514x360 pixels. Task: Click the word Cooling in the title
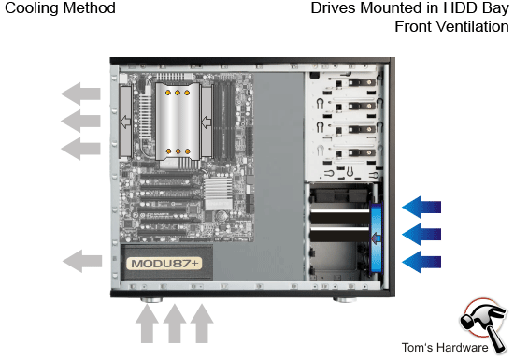point(28,8)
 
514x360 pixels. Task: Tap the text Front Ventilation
point(451,26)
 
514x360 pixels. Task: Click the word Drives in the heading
point(334,8)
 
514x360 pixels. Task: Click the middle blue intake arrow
point(423,233)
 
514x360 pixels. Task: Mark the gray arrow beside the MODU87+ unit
point(81,260)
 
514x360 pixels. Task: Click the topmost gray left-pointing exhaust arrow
point(81,94)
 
